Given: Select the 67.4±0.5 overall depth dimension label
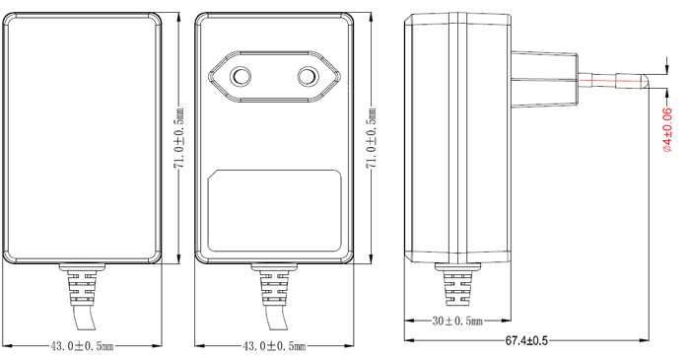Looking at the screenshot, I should [526, 340].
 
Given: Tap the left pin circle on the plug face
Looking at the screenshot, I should [241, 76].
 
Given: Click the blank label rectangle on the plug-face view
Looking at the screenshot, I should [275, 209].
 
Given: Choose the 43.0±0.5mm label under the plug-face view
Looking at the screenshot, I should [274, 346].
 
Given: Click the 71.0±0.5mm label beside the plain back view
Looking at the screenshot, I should [178, 139].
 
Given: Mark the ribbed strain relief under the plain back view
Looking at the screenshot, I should [82, 285].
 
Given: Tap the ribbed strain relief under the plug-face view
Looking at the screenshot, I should [274, 285].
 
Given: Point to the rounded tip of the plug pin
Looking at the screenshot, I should [641, 81].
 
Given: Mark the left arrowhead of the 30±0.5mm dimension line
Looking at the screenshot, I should [410, 322].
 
